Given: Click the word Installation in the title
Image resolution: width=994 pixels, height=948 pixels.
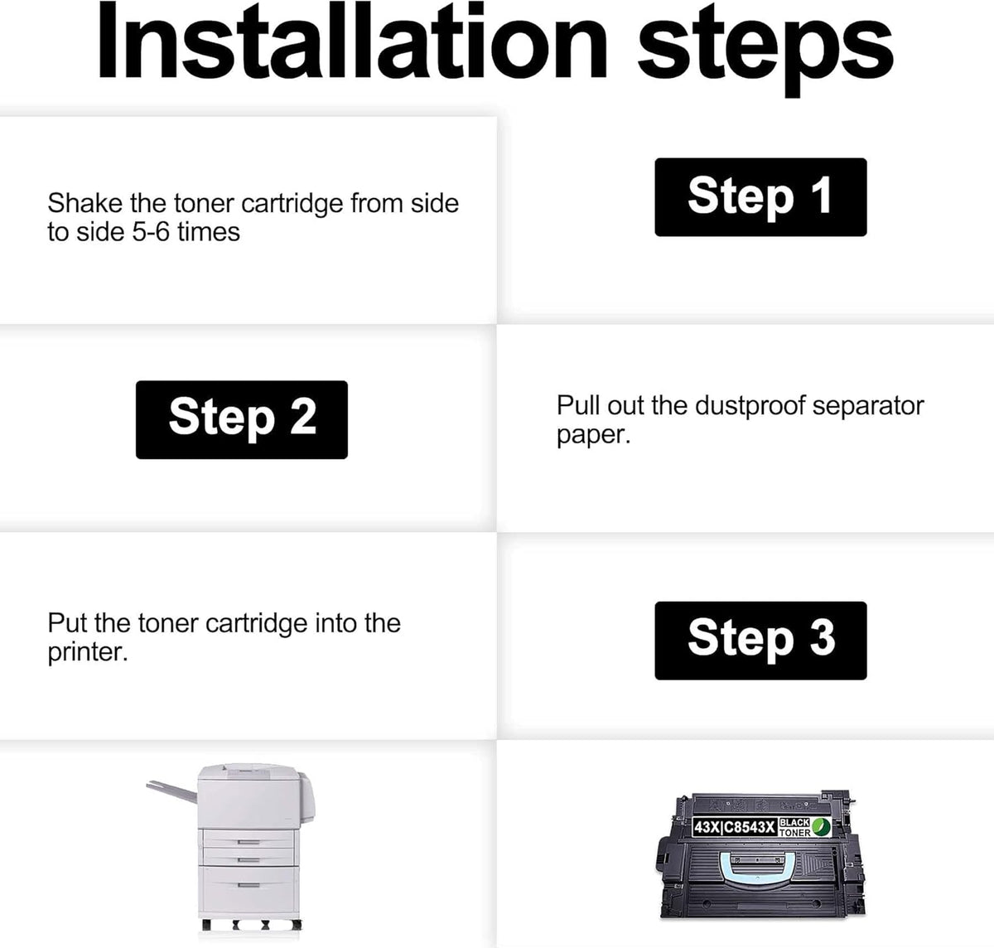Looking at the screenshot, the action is [351, 41].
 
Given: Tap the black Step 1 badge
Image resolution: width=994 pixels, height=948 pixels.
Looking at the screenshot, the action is [760, 196].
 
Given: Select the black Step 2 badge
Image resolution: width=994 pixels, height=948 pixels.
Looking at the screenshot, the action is [242, 419].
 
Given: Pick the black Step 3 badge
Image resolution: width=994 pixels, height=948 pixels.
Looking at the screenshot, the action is [760, 641].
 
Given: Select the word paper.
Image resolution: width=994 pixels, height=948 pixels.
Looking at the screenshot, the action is [594, 436].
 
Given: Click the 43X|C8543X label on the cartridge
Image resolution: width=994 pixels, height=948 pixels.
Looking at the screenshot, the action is [735, 827].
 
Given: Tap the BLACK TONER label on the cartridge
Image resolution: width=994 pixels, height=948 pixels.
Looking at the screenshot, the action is [795, 828].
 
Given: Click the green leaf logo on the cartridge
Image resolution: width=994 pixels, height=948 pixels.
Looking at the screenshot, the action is [821, 827].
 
